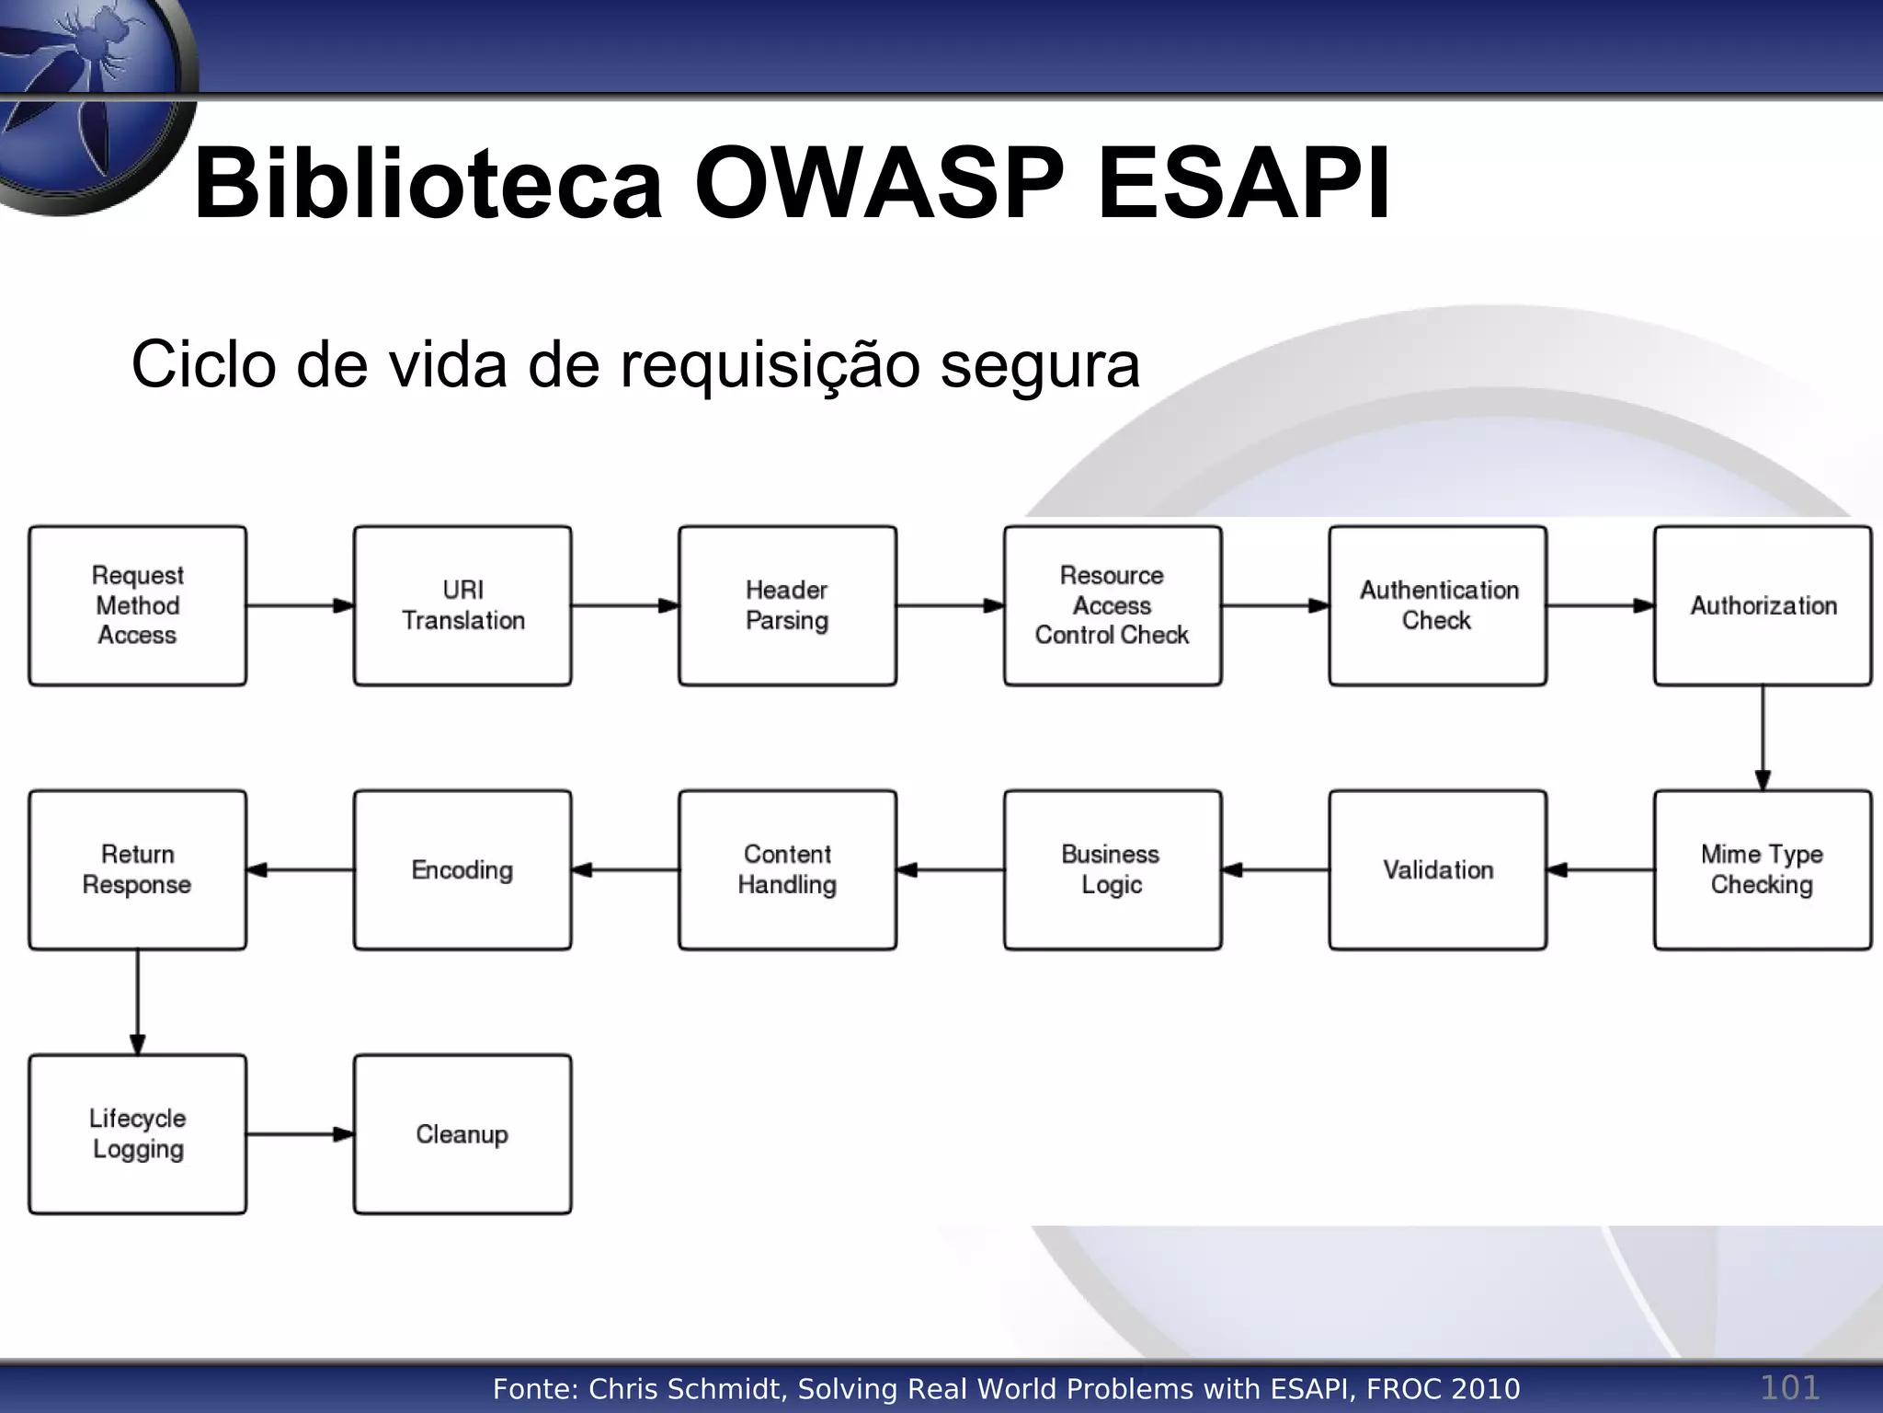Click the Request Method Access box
click(x=138, y=605)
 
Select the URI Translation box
click(x=462, y=605)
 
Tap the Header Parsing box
click(x=787, y=605)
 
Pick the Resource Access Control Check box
click(x=1113, y=605)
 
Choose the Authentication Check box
click(x=1438, y=605)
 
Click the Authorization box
click(x=1763, y=605)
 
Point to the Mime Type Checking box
click(x=1763, y=869)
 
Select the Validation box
click(x=1438, y=869)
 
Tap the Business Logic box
click(x=1113, y=869)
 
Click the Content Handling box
click(x=787, y=869)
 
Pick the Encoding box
click(x=462, y=869)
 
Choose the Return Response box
click(x=138, y=869)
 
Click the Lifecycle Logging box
click(x=138, y=1133)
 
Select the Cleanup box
click(x=462, y=1133)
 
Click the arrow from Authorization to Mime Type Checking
click(x=1763, y=738)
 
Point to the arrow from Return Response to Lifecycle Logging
click(x=138, y=1002)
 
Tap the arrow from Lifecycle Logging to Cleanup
click(x=300, y=1134)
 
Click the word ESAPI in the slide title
click(x=1243, y=183)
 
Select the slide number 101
click(x=1789, y=1386)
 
